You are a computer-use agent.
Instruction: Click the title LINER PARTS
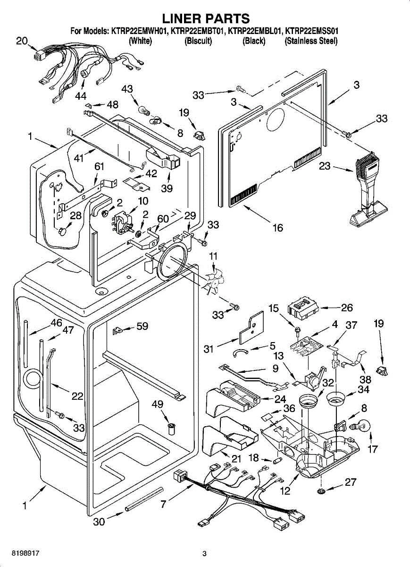coord(205,18)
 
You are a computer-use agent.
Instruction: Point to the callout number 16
coord(277,228)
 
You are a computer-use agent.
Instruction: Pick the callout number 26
coord(347,308)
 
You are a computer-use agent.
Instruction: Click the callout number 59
coord(142,326)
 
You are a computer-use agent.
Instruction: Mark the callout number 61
coord(99,167)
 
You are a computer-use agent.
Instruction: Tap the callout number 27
coord(350,482)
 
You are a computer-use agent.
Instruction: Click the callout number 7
coord(163,504)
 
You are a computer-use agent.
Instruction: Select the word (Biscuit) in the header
coord(198,41)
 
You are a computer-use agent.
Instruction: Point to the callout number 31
coord(209,349)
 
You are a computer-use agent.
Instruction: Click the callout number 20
coord(22,41)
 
